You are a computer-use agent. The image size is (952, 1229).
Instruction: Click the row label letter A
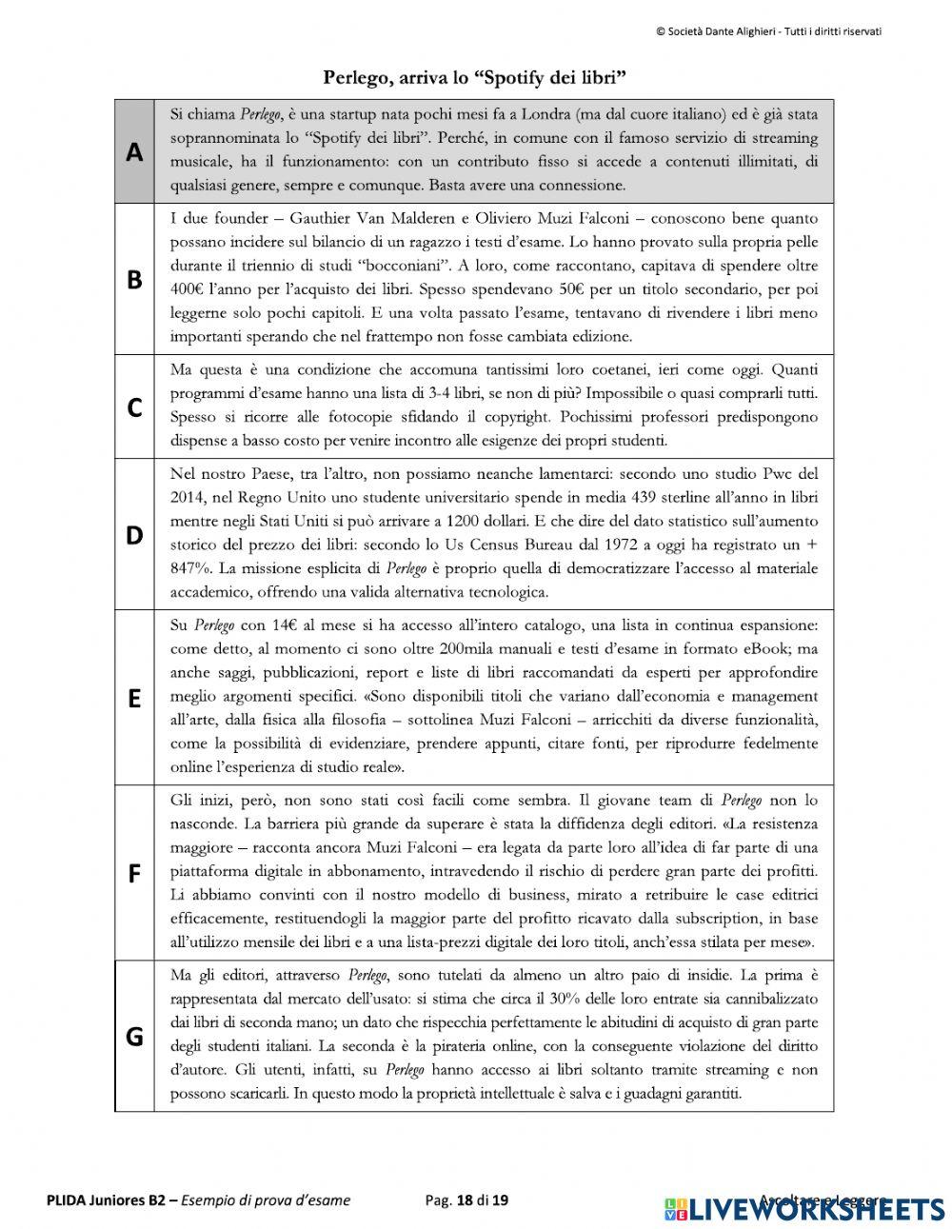click(x=134, y=152)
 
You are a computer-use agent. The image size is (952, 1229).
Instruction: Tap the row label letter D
click(x=134, y=535)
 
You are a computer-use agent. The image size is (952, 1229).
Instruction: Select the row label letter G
click(x=134, y=1036)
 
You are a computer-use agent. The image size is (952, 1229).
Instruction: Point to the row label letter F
click(x=134, y=873)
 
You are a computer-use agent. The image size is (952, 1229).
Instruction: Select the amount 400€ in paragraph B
click(x=188, y=288)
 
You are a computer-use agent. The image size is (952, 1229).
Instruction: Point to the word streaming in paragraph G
click(x=739, y=1070)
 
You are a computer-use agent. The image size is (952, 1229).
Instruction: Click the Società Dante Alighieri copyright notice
click(x=768, y=31)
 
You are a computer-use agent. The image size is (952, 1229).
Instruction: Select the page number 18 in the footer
click(x=465, y=1200)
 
